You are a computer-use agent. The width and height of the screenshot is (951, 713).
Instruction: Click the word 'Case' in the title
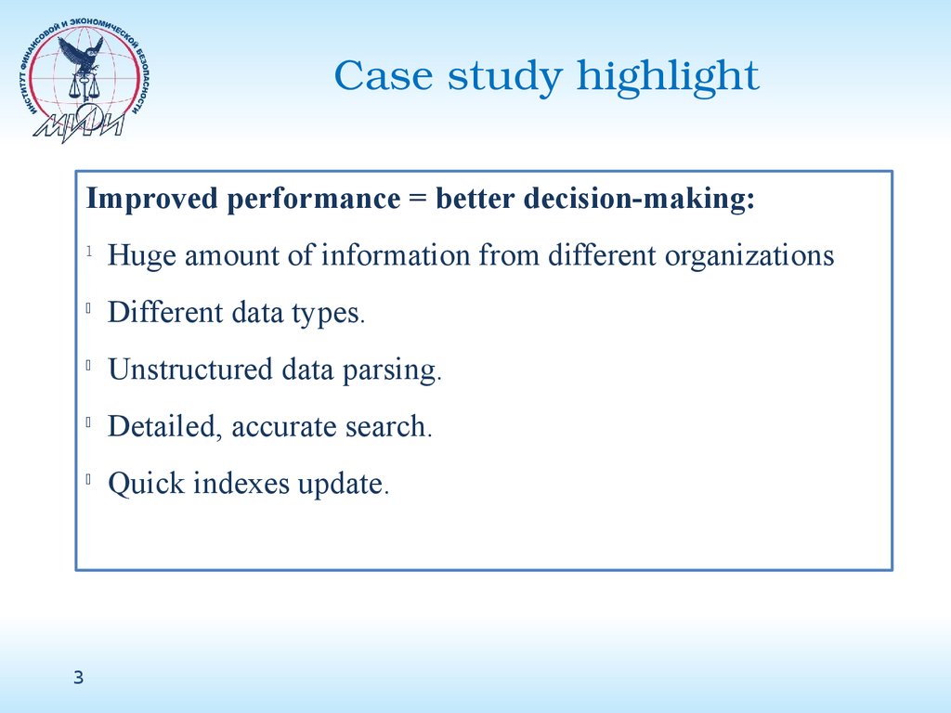pyautogui.click(x=384, y=76)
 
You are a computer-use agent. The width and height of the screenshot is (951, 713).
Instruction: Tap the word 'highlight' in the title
pyautogui.click(x=667, y=78)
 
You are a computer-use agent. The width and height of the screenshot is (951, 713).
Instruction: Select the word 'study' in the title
pyautogui.click(x=504, y=78)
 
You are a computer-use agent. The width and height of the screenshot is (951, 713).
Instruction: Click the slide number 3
pyautogui.click(x=78, y=677)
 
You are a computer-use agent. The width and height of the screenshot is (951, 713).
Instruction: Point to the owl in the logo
pyautogui.click(x=83, y=52)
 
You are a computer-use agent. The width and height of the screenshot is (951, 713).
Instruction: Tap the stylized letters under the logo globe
pyautogui.click(x=79, y=125)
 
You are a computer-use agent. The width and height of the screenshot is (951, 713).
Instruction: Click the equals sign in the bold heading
pyautogui.click(x=418, y=199)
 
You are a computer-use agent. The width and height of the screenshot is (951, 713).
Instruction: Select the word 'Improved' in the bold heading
pyautogui.click(x=151, y=199)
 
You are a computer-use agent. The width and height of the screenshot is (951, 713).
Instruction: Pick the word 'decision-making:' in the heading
pyautogui.click(x=639, y=199)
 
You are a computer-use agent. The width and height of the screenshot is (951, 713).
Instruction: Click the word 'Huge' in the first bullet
pyautogui.click(x=142, y=256)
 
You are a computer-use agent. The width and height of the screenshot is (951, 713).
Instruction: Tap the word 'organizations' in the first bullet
pyautogui.click(x=749, y=256)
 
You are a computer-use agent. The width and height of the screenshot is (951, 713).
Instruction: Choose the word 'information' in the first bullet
pyautogui.click(x=396, y=254)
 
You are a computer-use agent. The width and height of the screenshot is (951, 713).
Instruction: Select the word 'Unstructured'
pyautogui.click(x=189, y=369)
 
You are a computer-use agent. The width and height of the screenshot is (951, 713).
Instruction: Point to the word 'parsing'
pyautogui.click(x=392, y=370)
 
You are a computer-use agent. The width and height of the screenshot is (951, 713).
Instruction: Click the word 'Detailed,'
pyautogui.click(x=165, y=427)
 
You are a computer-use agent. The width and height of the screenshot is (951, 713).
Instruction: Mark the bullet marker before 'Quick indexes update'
pyautogui.click(x=88, y=479)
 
